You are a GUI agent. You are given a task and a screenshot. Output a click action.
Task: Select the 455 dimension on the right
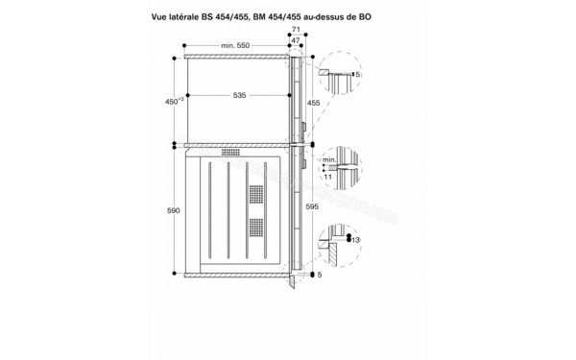pos(313,101)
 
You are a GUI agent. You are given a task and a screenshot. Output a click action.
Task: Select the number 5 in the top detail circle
pos(356,73)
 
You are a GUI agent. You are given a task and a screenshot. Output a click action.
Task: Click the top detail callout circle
pos(341,73)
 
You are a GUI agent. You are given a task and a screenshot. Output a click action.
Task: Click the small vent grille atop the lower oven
pos(231,152)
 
